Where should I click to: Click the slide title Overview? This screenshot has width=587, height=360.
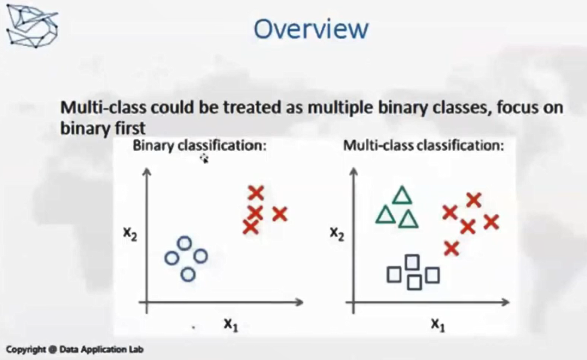point(311,29)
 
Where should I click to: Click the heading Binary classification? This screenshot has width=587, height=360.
point(199,145)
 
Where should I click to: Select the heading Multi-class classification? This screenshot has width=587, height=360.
point(424,145)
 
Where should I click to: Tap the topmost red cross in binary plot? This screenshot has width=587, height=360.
point(256,193)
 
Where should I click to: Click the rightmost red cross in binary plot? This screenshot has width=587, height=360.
point(280,214)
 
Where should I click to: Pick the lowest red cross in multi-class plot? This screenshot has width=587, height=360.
point(452,249)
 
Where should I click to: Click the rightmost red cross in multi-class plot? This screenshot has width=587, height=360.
point(491,222)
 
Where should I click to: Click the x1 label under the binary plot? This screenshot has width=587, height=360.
point(231,324)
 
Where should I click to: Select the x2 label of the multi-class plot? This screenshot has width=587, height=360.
point(337,234)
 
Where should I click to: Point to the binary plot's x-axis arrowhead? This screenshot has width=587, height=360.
point(299,302)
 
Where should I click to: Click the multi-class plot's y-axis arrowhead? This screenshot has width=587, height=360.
point(353,172)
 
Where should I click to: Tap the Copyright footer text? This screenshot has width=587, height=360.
point(74,350)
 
